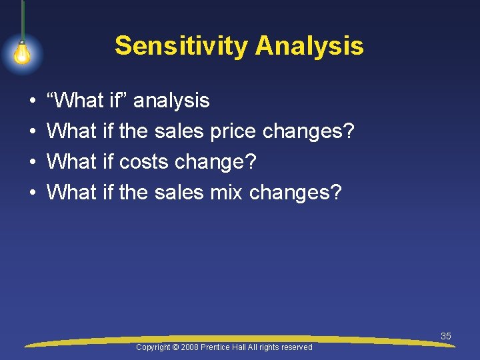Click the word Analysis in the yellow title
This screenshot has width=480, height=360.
(x=309, y=46)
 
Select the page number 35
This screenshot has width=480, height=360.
(x=446, y=336)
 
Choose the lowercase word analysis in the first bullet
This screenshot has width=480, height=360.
(x=171, y=101)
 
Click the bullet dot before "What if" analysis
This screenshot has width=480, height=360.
(x=33, y=101)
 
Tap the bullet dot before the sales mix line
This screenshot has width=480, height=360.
(x=33, y=193)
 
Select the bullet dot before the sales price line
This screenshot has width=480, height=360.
(x=33, y=132)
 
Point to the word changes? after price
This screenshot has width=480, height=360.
(x=308, y=131)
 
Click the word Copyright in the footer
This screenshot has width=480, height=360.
(x=152, y=347)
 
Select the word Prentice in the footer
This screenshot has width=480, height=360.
(x=214, y=347)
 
